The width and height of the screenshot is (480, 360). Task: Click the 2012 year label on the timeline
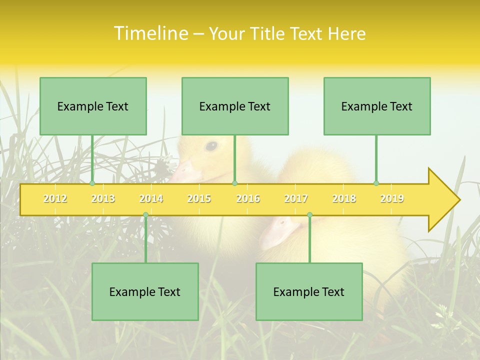tap(55, 198)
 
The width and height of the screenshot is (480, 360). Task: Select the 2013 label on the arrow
tap(103, 198)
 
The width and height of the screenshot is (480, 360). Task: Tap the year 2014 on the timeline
tap(151, 198)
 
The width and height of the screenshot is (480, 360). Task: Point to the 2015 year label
tap(199, 198)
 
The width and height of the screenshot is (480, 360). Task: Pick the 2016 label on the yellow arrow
tap(248, 198)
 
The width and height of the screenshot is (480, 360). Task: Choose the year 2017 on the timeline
tap(296, 198)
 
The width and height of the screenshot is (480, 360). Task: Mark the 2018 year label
tap(344, 198)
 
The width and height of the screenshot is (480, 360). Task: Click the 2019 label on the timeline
tap(392, 198)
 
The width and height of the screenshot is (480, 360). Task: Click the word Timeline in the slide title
tap(150, 33)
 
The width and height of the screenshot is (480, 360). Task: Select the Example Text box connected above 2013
tap(93, 106)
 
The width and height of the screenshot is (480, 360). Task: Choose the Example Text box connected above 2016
tap(235, 106)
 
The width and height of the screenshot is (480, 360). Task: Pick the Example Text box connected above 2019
tap(377, 106)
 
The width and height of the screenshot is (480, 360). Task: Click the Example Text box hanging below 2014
tap(145, 291)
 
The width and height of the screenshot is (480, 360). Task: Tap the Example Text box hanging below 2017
tap(309, 291)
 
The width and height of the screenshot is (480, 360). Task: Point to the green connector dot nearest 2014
tap(145, 215)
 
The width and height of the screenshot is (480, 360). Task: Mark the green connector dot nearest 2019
tap(376, 183)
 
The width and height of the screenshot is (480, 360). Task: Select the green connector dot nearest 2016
tap(234, 183)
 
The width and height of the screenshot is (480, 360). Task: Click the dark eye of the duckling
tap(211, 146)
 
